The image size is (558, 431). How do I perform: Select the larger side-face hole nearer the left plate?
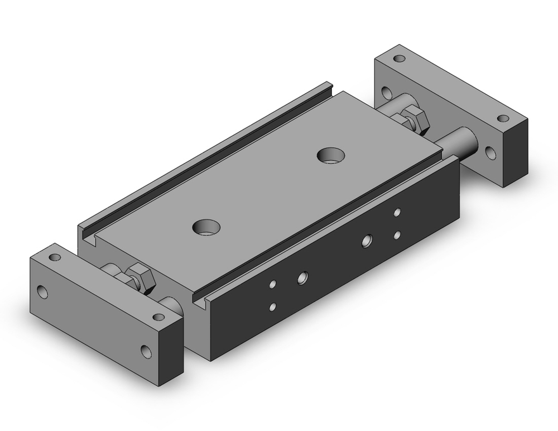302,276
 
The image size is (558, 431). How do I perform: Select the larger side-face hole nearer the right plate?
367,241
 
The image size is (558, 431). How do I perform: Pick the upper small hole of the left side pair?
272,285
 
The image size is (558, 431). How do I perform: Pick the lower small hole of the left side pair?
272,307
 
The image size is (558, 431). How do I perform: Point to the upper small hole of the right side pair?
397,212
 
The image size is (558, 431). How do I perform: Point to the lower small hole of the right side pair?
397,235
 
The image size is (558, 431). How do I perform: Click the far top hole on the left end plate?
55,257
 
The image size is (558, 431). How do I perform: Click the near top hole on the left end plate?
158,317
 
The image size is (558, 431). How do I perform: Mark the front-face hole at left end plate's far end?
42,291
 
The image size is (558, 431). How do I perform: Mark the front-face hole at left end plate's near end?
146,352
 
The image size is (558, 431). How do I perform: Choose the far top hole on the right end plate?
399,58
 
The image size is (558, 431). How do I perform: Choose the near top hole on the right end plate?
503,118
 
